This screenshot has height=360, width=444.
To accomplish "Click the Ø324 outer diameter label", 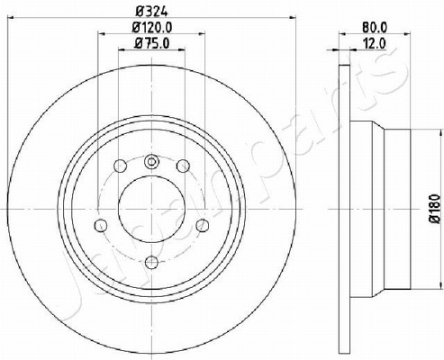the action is tap(151, 11).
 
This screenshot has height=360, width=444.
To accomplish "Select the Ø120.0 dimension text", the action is tap(152, 28).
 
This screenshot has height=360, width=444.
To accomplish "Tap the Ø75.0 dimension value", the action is tap(152, 43).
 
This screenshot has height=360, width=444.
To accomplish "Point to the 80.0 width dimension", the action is tap(375, 28).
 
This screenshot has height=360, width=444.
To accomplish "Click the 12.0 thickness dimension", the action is tap(375, 44).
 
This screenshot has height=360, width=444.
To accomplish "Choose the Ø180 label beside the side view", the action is tap(435, 209).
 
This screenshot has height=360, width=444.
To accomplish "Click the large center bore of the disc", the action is tap(151, 209).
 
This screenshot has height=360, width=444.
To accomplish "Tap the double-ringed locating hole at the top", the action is tap(151, 162).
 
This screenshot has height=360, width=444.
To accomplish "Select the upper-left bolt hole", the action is tap(121, 166).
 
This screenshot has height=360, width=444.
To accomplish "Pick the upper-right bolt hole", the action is tap(183, 166).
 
